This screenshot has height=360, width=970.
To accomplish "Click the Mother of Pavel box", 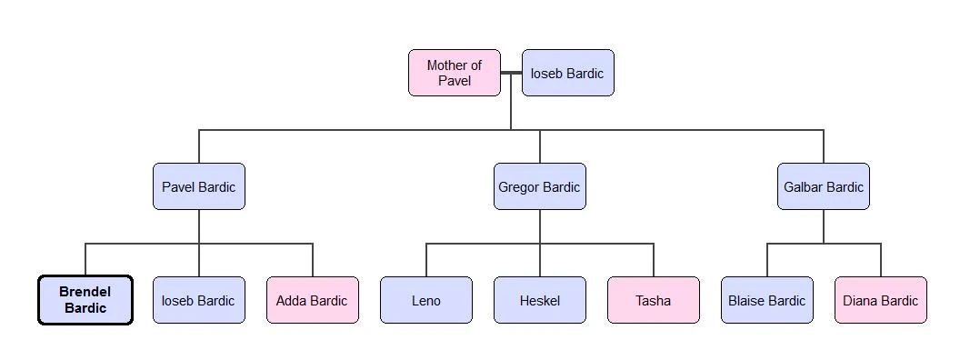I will tap(454, 73).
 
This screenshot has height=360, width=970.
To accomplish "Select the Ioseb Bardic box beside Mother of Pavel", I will tap(567, 73).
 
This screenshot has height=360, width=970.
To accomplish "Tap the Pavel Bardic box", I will tap(198, 186).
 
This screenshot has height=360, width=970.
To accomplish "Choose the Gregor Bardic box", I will tap(539, 186).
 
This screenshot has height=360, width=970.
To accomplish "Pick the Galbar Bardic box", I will tap(823, 186).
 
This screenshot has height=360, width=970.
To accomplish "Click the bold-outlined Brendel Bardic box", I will tap(85, 300).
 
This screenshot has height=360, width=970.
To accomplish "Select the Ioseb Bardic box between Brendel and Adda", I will tap(198, 300).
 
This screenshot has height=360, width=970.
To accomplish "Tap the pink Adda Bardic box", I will tap(312, 300).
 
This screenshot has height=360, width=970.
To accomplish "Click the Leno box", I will tap(425, 300).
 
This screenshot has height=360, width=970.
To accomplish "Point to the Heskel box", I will tap(539, 300).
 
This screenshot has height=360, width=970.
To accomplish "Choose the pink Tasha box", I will tap(653, 300).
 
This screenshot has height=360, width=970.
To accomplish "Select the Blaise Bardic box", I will tap(766, 300).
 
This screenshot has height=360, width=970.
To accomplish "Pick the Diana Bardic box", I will tap(880, 300).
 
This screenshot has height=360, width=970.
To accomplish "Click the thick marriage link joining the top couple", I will tap(511, 73).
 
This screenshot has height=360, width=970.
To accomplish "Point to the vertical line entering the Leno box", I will tap(426, 261).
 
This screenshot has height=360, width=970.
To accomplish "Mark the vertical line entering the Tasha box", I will tap(654, 261).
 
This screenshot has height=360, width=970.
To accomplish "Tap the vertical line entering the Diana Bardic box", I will tap(881, 261).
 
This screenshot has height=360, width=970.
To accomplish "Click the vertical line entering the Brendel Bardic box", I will tap(85, 260).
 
